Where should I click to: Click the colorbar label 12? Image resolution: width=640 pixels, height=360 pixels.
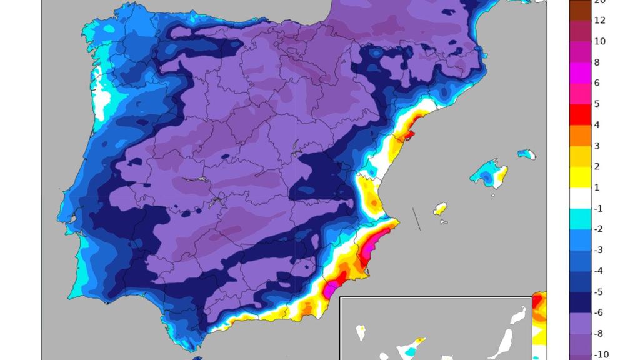tap(599, 21)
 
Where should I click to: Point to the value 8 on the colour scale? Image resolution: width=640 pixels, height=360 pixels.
tap(597, 62)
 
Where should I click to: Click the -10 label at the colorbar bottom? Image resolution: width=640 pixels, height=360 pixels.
tap(601, 354)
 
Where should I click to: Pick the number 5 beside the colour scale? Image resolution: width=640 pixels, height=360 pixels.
tap(597, 104)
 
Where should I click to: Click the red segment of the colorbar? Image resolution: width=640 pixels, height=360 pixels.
tap(579, 114)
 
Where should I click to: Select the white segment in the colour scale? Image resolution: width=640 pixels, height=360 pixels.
tap(579, 198)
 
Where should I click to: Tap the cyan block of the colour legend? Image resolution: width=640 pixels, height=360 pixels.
tap(579, 219)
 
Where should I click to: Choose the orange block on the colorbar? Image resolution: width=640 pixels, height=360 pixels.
tap(579, 135)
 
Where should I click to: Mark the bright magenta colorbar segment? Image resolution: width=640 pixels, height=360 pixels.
tap(579, 72)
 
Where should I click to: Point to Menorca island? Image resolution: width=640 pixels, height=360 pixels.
tap(526, 154)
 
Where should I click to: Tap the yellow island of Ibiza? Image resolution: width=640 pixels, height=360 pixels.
tap(441, 209)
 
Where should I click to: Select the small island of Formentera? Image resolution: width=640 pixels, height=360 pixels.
tap(443, 221)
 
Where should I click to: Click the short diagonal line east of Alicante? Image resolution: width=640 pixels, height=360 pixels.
tap(416, 219)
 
